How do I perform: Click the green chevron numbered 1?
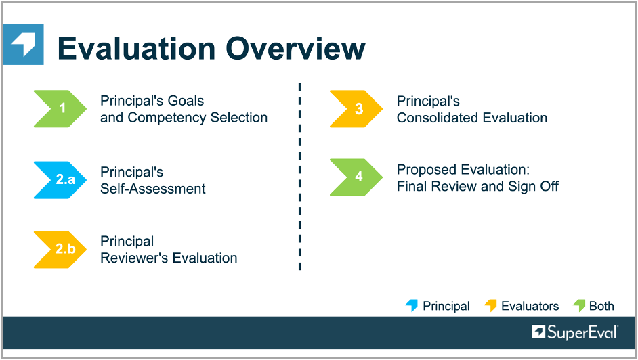pos(61,108)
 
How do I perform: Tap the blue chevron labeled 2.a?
pos(61,180)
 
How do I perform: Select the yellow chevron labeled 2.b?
pos(61,250)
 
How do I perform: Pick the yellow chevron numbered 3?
pos(357,108)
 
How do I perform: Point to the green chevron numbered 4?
pos(357,177)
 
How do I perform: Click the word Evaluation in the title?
pos(136,48)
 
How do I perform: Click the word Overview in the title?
pos(296,48)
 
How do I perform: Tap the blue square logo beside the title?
pos(23,44)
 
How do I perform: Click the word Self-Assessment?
pos(153,189)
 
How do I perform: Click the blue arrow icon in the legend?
pos(411,305)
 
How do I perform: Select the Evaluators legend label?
pos(530,306)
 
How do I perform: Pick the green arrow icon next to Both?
pos(579,305)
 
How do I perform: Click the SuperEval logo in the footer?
pos(574,332)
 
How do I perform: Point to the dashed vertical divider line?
pos(299,177)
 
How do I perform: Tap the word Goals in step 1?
pos(186,101)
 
